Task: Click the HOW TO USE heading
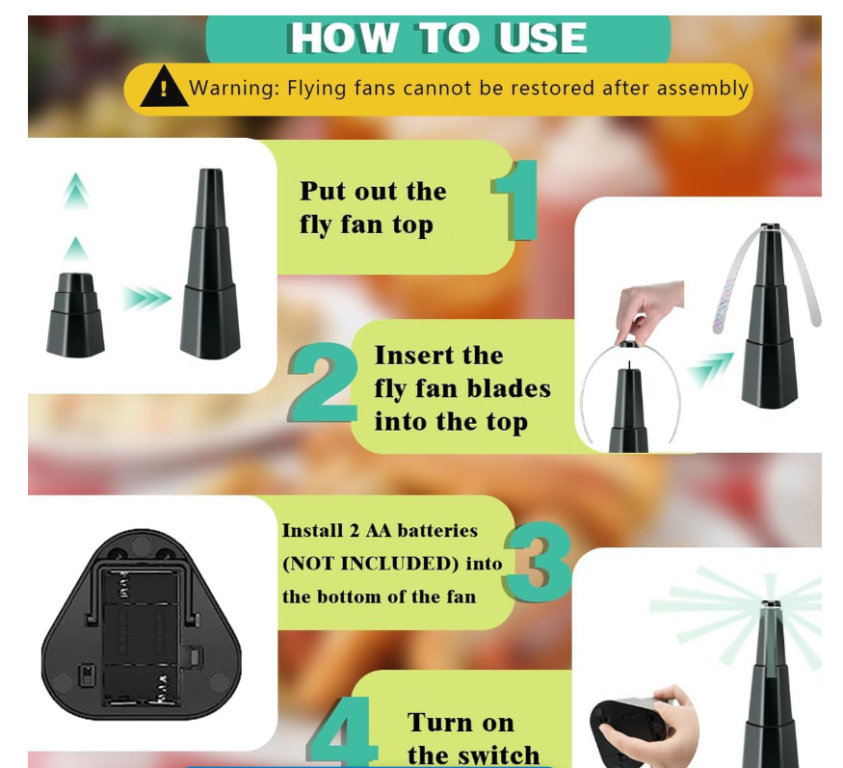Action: pyautogui.click(x=438, y=39)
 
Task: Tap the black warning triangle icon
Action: pyautogui.click(x=164, y=89)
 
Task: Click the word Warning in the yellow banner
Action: pyautogui.click(x=230, y=89)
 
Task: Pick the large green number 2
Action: pyautogui.click(x=324, y=384)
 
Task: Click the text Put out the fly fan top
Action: pyautogui.click(x=374, y=208)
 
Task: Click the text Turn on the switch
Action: pyautogui.click(x=473, y=738)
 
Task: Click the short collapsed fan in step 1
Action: pyautogui.click(x=75, y=314)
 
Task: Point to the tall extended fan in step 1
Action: pyautogui.click(x=210, y=265)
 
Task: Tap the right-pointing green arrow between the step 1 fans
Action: pyautogui.click(x=145, y=299)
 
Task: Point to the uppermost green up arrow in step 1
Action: pyautogui.click(x=76, y=192)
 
